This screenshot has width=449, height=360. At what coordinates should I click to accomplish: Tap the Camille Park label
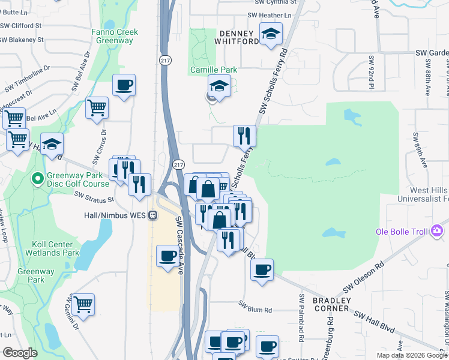(214, 70)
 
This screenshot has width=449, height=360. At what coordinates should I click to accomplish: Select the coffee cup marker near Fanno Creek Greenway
(124, 86)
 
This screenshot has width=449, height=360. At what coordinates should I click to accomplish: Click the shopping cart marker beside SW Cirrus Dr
(97, 109)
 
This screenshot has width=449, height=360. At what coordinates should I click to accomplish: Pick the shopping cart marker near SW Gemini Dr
(83, 304)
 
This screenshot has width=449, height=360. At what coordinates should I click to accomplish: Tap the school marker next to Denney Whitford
(271, 34)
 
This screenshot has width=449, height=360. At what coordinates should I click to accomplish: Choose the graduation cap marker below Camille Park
(219, 86)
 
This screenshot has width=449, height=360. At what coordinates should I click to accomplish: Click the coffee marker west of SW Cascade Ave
(167, 256)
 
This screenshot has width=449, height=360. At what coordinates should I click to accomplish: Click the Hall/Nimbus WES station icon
(153, 214)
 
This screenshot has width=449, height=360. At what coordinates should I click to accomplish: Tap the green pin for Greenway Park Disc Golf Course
(37, 178)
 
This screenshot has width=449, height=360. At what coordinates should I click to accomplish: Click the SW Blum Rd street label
(255, 310)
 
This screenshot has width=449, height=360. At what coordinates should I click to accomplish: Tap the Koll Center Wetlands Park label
(53, 248)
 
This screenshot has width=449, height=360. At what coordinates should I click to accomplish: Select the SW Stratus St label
(94, 197)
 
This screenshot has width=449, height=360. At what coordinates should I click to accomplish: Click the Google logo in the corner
(20, 353)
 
